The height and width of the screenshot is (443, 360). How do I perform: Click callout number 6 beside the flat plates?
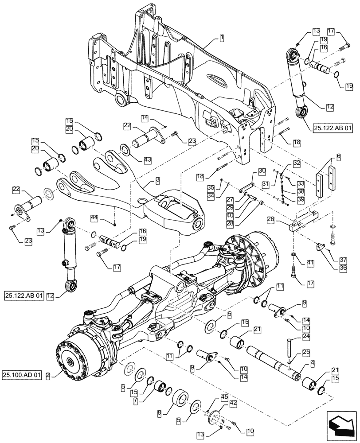338,157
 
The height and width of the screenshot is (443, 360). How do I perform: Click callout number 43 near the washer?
147,159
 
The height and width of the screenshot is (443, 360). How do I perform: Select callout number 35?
211,188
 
